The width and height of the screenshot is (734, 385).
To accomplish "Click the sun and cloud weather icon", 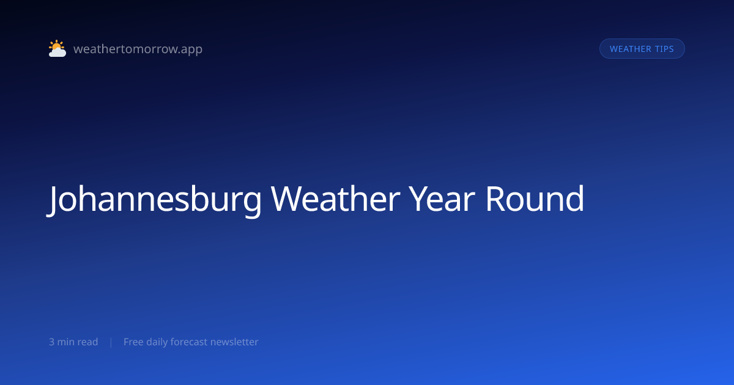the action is pyautogui.click(x=57, y=48).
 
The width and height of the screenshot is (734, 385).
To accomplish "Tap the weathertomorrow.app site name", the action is pyautogui.click(x=138, y=49).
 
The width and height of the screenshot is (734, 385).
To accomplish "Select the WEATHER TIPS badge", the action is pyautogui.click(x=642, y=49).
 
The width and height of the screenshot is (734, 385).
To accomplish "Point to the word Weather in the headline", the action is pyautogui.click(x=335, y=199).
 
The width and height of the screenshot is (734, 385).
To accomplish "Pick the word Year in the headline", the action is pyautogui.click(x=442, y=199).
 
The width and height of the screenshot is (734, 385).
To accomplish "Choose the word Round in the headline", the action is pyautogui.click(x=535, y=199).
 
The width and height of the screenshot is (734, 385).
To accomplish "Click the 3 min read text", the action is pyautogui.click(x=73, y=342).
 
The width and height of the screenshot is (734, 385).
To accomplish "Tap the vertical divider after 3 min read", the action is pyautogui.click(x=111, y=342).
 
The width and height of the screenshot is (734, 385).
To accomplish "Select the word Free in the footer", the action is pyautogui.click(x=133, y=342).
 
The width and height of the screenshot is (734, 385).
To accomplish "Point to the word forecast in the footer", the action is pyautogui.click(x=189, y=342).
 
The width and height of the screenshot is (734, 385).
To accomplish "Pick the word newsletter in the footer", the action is pyautogui.click(x=234, y=342).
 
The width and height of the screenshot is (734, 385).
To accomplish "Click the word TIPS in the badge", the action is pyautogui.click(x=664, y=49).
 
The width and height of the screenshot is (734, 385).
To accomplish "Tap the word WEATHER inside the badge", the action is pyautogui.click(x=631, y=49).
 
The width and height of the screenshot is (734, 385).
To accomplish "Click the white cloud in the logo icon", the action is pyautogui.click(x=57, y=52).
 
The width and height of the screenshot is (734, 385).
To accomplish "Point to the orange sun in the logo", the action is pyautogui.click(x=56, y=45).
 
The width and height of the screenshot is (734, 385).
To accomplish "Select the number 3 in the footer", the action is pyautogui.click(x=51, y=342).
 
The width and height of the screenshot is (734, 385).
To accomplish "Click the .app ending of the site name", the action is pyautogui.click(x=191, y=50).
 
